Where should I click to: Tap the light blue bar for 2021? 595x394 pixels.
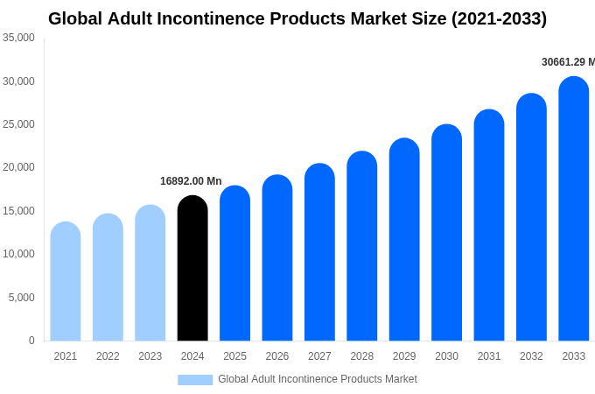(x=66, y=281)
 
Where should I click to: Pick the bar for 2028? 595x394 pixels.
(x=361, y=246)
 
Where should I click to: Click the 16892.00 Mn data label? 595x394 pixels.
(x=191, y=181)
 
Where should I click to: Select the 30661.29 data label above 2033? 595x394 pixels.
(x=568, y=62)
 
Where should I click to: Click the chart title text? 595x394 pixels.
(x=297, y=18)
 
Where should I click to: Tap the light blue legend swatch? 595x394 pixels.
(x=195, y=379)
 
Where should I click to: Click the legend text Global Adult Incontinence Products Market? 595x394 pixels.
(x=318, y=379)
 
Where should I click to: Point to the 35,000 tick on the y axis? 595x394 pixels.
(x=19, y=38)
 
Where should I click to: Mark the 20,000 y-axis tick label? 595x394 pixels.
(x=19, y=167)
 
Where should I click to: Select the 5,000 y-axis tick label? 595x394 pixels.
(x=22, y=298)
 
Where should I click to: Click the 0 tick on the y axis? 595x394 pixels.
(x=31, y=341)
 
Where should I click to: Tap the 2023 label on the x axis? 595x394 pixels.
(x=150, y=356)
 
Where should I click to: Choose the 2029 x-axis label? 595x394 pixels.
(x=404, y=356)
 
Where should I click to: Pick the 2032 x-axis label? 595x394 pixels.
(x=531, y=356)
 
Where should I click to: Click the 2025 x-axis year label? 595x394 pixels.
(x=234, y=356)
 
